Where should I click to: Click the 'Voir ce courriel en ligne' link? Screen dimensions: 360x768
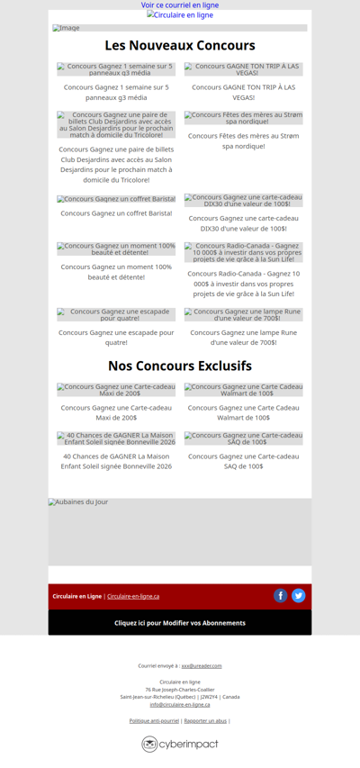click(x=180, y=5)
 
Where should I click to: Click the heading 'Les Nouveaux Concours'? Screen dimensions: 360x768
click(x=180, y=46)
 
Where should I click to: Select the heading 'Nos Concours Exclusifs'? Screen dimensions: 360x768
click(x=180, y=366)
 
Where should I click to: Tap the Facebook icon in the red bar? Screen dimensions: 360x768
click(x=281, y=595)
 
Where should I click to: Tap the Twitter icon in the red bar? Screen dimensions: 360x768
click(x=299, y=595)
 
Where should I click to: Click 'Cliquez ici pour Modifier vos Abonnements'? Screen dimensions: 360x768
click(x=180, y=623)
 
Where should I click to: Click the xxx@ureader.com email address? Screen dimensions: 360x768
click(x=202, y=665)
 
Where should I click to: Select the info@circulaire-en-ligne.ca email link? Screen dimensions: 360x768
click(x=180, y=704)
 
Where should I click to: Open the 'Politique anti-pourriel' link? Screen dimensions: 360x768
click(x=154, y=720)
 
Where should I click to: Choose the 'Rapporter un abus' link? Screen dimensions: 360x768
click(x=205, y=720)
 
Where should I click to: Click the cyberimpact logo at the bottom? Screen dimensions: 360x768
click(x=180, y=744)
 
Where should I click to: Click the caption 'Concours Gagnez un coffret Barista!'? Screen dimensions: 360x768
click(x=116, y=213)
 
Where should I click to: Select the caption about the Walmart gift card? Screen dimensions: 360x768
click(x=244, y=412)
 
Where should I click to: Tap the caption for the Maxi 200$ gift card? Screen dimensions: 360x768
click(x=116, y=412)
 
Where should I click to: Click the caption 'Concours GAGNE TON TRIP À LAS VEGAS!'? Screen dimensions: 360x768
click(x=244, y=92)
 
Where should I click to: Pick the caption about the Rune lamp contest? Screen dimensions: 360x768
click(x=244, y=337)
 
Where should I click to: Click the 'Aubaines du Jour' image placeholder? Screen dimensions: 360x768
click(x=180, y=531)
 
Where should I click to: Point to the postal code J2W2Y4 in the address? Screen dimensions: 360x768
click(x=210, y=697)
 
